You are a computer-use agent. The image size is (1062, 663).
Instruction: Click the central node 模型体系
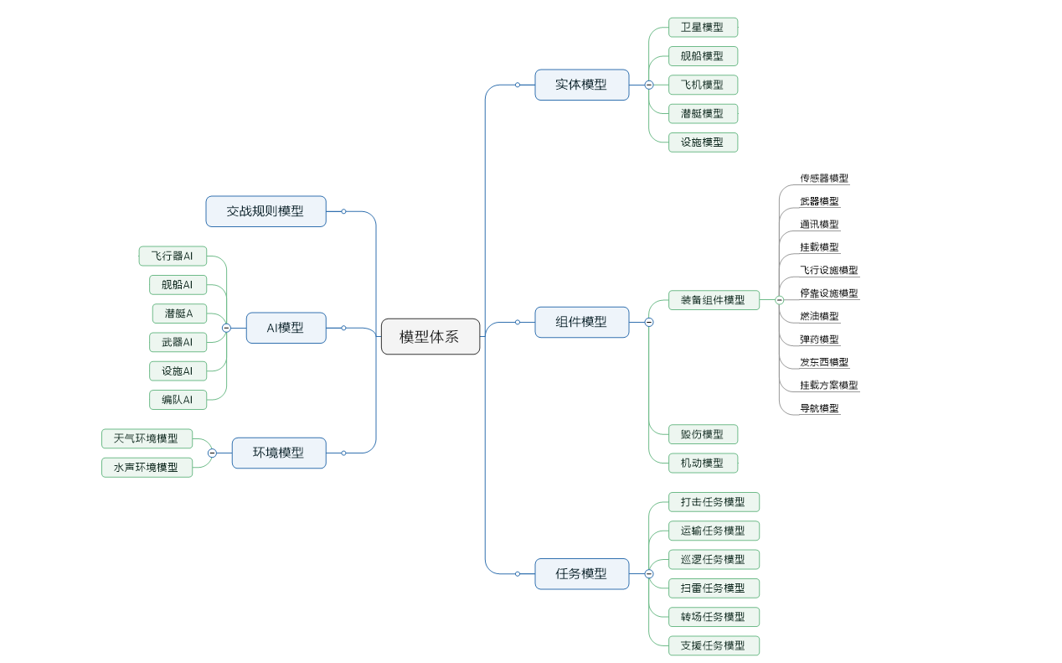[430, 337]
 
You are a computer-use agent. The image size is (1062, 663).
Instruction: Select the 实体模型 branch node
[581, 85]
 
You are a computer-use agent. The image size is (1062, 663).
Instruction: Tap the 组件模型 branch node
[581, 322]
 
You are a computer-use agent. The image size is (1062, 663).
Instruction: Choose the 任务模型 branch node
[581, 574]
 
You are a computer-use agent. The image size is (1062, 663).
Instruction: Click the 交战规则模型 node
[265, 211]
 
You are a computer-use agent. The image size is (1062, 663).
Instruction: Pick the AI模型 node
[286, 328]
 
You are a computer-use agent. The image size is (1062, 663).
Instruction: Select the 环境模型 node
[279, 453]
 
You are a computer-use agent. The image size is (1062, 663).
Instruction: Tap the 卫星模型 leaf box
[703, 28]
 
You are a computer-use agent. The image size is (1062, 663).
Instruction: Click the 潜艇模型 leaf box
[703, 113]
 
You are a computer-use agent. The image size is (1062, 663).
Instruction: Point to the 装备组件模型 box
[714, 300]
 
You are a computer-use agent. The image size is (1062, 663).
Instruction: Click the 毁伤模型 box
[703, 434]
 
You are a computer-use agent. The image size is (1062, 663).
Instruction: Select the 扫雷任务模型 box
[714, 588]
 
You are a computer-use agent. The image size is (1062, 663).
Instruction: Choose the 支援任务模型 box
[714, 645]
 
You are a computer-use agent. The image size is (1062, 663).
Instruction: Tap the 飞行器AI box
[173, 256]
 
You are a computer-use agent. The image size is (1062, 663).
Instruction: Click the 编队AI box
[178, 400]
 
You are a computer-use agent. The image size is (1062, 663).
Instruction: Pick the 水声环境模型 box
[147, 467]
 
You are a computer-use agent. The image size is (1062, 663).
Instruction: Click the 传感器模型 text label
[824, 179]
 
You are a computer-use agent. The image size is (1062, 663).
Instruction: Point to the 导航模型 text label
[819, 409]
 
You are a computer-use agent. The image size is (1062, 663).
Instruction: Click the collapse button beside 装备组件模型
[780, 300]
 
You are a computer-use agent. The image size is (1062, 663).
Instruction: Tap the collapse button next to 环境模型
[212, 453]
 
